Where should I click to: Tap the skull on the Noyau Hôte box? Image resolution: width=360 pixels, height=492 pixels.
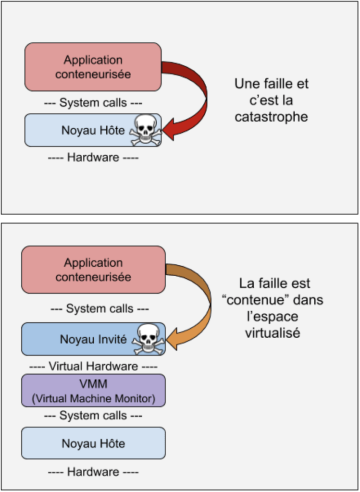point(145,129)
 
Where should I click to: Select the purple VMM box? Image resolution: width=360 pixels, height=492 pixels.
point(93,390)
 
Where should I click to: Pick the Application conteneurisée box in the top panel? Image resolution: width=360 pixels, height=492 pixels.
point(93,67)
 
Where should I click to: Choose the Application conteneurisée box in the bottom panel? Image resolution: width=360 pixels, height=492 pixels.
point(93,270)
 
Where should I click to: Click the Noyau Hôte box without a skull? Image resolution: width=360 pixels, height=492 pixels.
point(93,443)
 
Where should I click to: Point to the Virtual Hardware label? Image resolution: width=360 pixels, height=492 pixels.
point(93,366)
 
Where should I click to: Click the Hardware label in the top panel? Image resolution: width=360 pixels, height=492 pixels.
point(93,157)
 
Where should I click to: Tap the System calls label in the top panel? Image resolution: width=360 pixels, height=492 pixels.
point(93,102)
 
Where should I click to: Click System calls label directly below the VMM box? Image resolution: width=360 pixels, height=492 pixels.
point(93,415)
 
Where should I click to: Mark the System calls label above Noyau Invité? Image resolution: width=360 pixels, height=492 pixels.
point(100,308)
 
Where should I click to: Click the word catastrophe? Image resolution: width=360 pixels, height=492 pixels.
point(271,117)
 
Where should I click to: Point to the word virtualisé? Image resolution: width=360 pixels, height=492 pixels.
point(273,333)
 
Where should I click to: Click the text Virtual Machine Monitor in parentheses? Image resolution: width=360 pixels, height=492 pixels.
point(93,398)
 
